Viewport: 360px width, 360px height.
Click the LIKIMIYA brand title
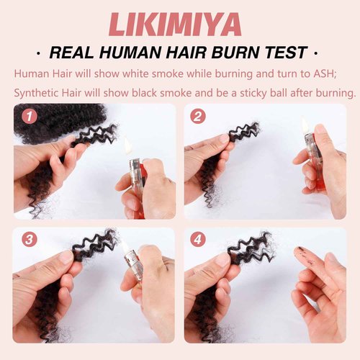180,24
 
